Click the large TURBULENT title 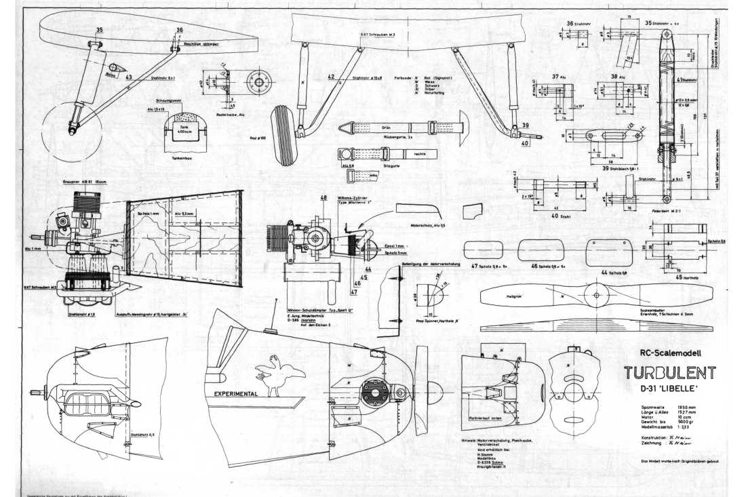pyautogui.click(x=669, y=373)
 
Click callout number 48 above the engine pyautogui.click(x=324, y=199)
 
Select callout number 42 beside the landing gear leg pyautogui.click(x=331, y=77)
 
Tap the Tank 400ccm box pyautogui.click(x=174, y=133)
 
